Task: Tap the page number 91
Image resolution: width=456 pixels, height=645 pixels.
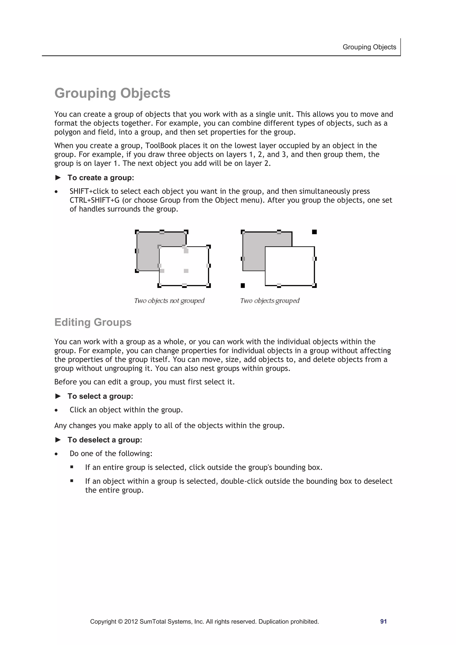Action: click(383, 621)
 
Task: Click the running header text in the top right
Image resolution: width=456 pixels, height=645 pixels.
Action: click(369, 47)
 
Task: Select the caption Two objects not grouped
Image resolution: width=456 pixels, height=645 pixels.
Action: click(169, 301)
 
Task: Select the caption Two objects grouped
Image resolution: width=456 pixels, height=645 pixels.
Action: click(270, 301)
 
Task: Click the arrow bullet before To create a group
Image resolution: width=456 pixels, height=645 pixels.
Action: click(58, 177)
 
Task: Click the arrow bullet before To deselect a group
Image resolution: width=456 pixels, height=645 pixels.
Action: click(58, 440)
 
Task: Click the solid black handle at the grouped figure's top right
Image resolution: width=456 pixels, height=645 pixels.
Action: click(314, 232)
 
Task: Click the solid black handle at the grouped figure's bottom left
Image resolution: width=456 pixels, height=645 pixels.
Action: click(243, 285)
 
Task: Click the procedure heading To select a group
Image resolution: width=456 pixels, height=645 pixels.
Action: click(100, 396)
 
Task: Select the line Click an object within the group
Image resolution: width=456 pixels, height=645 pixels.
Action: click(126, 410)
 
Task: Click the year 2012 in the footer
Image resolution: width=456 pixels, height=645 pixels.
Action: click(131, 621)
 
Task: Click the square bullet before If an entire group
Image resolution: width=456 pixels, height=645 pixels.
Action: click(72, 467)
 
